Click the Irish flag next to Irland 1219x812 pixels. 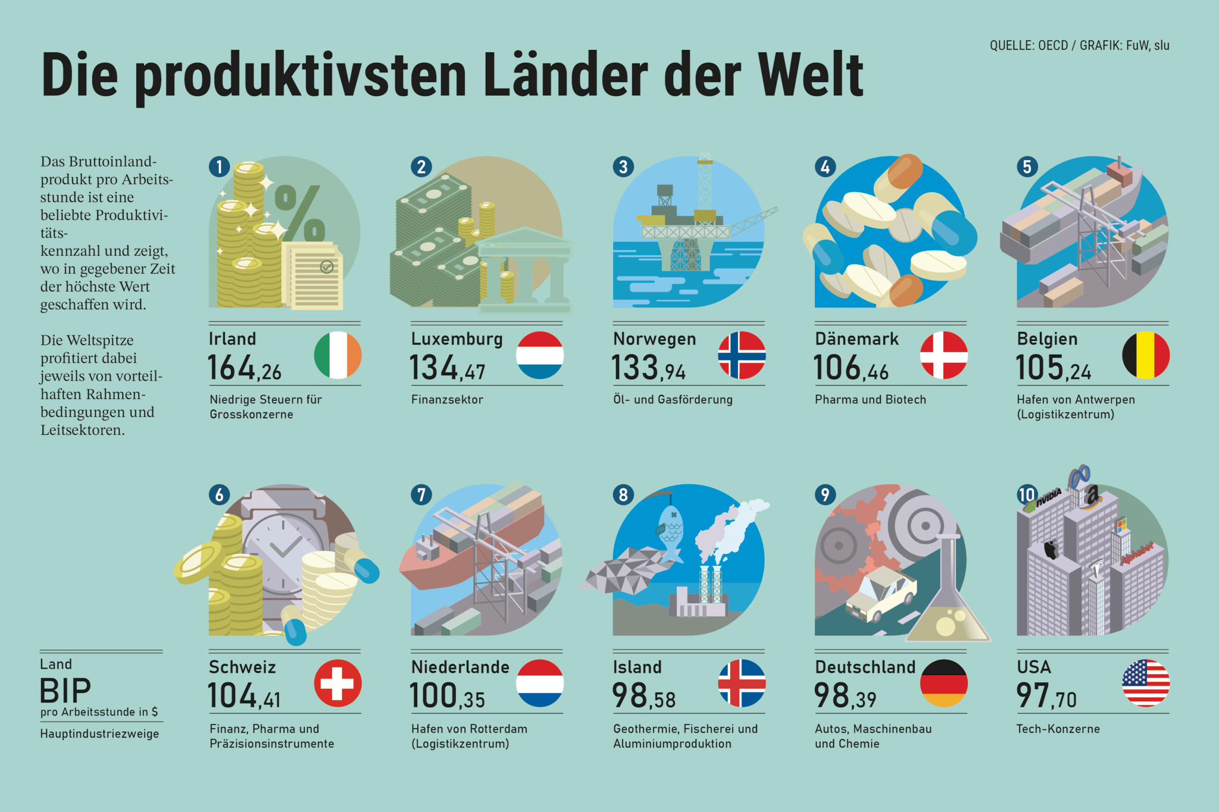pyautogui.click(x=337, y=355)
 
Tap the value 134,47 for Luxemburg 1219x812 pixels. pyautogui.click(x=447, y=368)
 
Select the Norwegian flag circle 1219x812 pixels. pyautogui.click(x=742, y=355)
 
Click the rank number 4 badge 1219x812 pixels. pyautogui.click(x=825, y=167)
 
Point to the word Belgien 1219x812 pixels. pyautogui.click(x=1047, y=339)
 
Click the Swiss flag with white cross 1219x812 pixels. pyautogui.click(x=337, y=683)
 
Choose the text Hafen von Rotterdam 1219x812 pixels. pyautogui.click(x=469, y=729)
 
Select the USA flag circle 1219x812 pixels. pyautogui.click(x=1146, y=683)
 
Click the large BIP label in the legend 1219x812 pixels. pyautogui.click(x=65, y=691)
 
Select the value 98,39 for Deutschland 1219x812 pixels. pyautogui.click(x=845, y=696)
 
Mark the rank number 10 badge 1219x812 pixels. pyautogui.click(x=1027, y=494)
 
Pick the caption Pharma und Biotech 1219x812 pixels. pyautogui.click(x=870, y=400)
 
